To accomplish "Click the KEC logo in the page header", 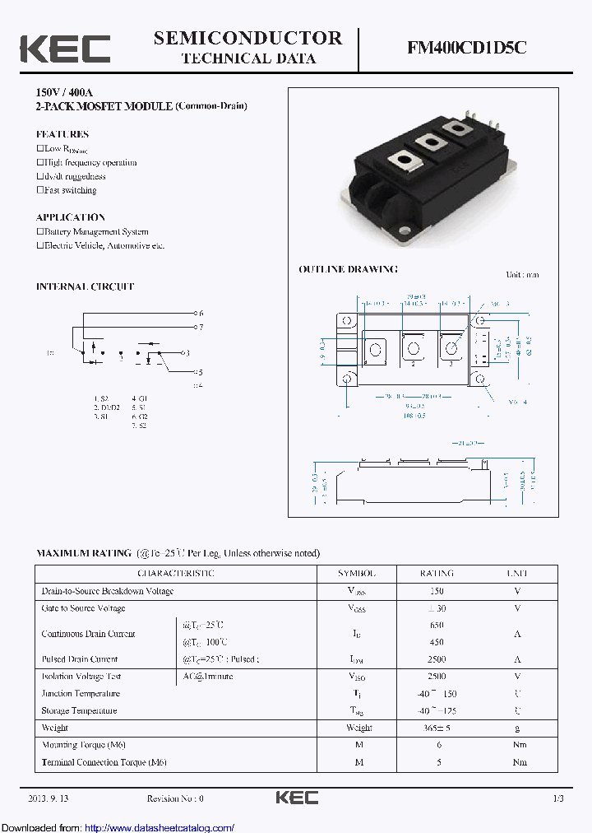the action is pos(65,49).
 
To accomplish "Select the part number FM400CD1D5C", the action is pos(466,49).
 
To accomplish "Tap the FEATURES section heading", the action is pos(62,134).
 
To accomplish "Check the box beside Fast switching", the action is pos(39,190).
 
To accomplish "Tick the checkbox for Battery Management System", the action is pos(39,232).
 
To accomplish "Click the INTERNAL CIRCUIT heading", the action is pos(85,286).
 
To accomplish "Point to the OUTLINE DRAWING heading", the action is pos(348,269).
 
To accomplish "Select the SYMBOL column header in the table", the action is pos(357,573).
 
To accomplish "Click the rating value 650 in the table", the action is pos(437,625).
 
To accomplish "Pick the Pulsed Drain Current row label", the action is pos(80,659).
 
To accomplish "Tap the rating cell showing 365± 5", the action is pos(437,728).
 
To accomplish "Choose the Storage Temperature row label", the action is pos(79,710).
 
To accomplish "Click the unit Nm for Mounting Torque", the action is pos(519,745).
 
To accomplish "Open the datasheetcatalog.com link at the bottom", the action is pos(160,828).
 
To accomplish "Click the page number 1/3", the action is pos(558,798).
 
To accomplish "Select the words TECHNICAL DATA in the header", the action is pos(248,58).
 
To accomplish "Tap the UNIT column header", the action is pos(518,573).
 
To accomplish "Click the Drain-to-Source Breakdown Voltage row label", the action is pos(108,591).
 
